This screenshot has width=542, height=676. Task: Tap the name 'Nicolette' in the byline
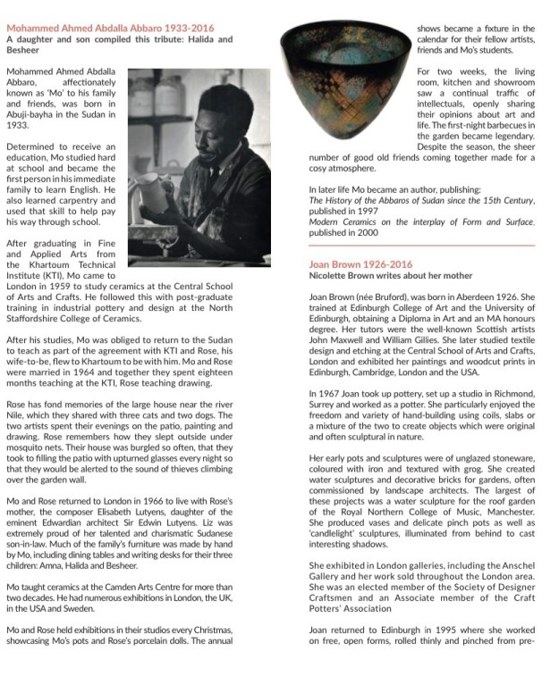click(x=333, y=277)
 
